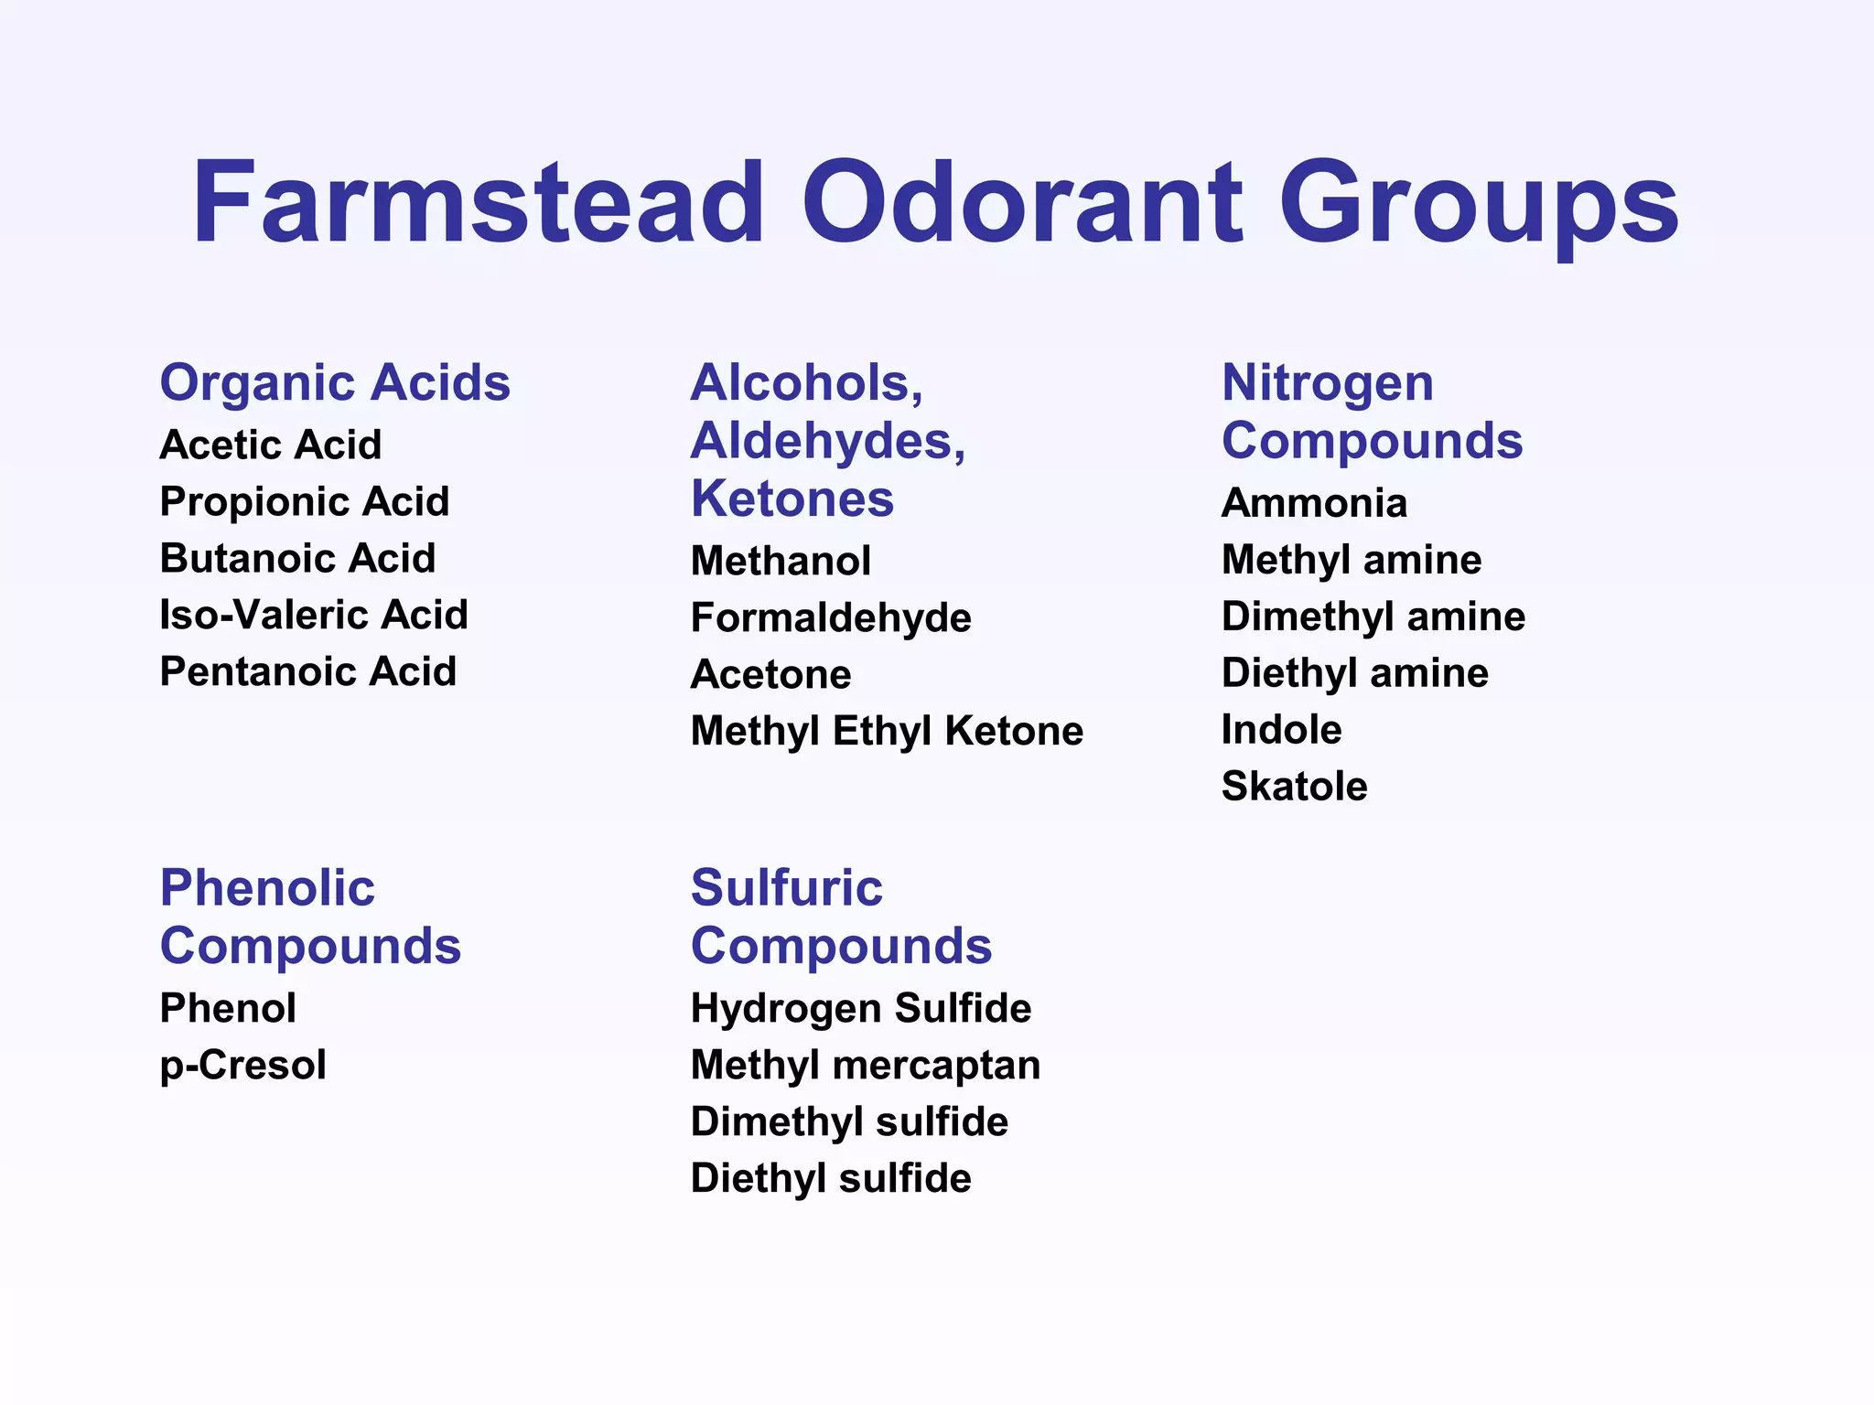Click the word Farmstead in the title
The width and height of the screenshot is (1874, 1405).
[x=478, y=202]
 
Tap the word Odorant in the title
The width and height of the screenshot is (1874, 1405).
[x=1021, y=202]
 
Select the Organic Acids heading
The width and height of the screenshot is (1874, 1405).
[x=335, y=382]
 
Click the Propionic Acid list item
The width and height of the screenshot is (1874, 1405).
[x=305, y=501]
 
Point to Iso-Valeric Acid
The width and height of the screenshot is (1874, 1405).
[x=314, y=615]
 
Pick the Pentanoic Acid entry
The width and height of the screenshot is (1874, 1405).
[x=308, y=671]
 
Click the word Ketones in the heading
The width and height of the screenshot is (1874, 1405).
[x=792, y=499]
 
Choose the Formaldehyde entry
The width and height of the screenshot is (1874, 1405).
[x=831, y=618]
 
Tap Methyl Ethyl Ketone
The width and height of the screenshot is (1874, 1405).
[x=887, y=732]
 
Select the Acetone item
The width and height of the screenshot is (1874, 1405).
[x=771, y=675]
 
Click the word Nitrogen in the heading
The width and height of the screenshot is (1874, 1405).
[x=1328, y=382]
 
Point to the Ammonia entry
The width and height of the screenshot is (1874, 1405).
[x=1314, y=503]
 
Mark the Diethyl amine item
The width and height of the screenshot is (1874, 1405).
[x=1355, y=673]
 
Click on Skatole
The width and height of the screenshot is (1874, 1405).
[x=1295, y=787]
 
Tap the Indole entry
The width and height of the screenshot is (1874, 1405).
[x=1282, y=730]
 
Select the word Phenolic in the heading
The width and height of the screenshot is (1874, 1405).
[x=267, y=888]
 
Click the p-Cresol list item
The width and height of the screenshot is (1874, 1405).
[x=243, y=1066]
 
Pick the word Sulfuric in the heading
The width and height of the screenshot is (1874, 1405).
[x=787, y=888]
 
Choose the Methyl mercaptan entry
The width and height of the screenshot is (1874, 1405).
[x=866, y=1066]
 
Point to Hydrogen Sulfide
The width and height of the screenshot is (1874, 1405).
[x=861, y=1009]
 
